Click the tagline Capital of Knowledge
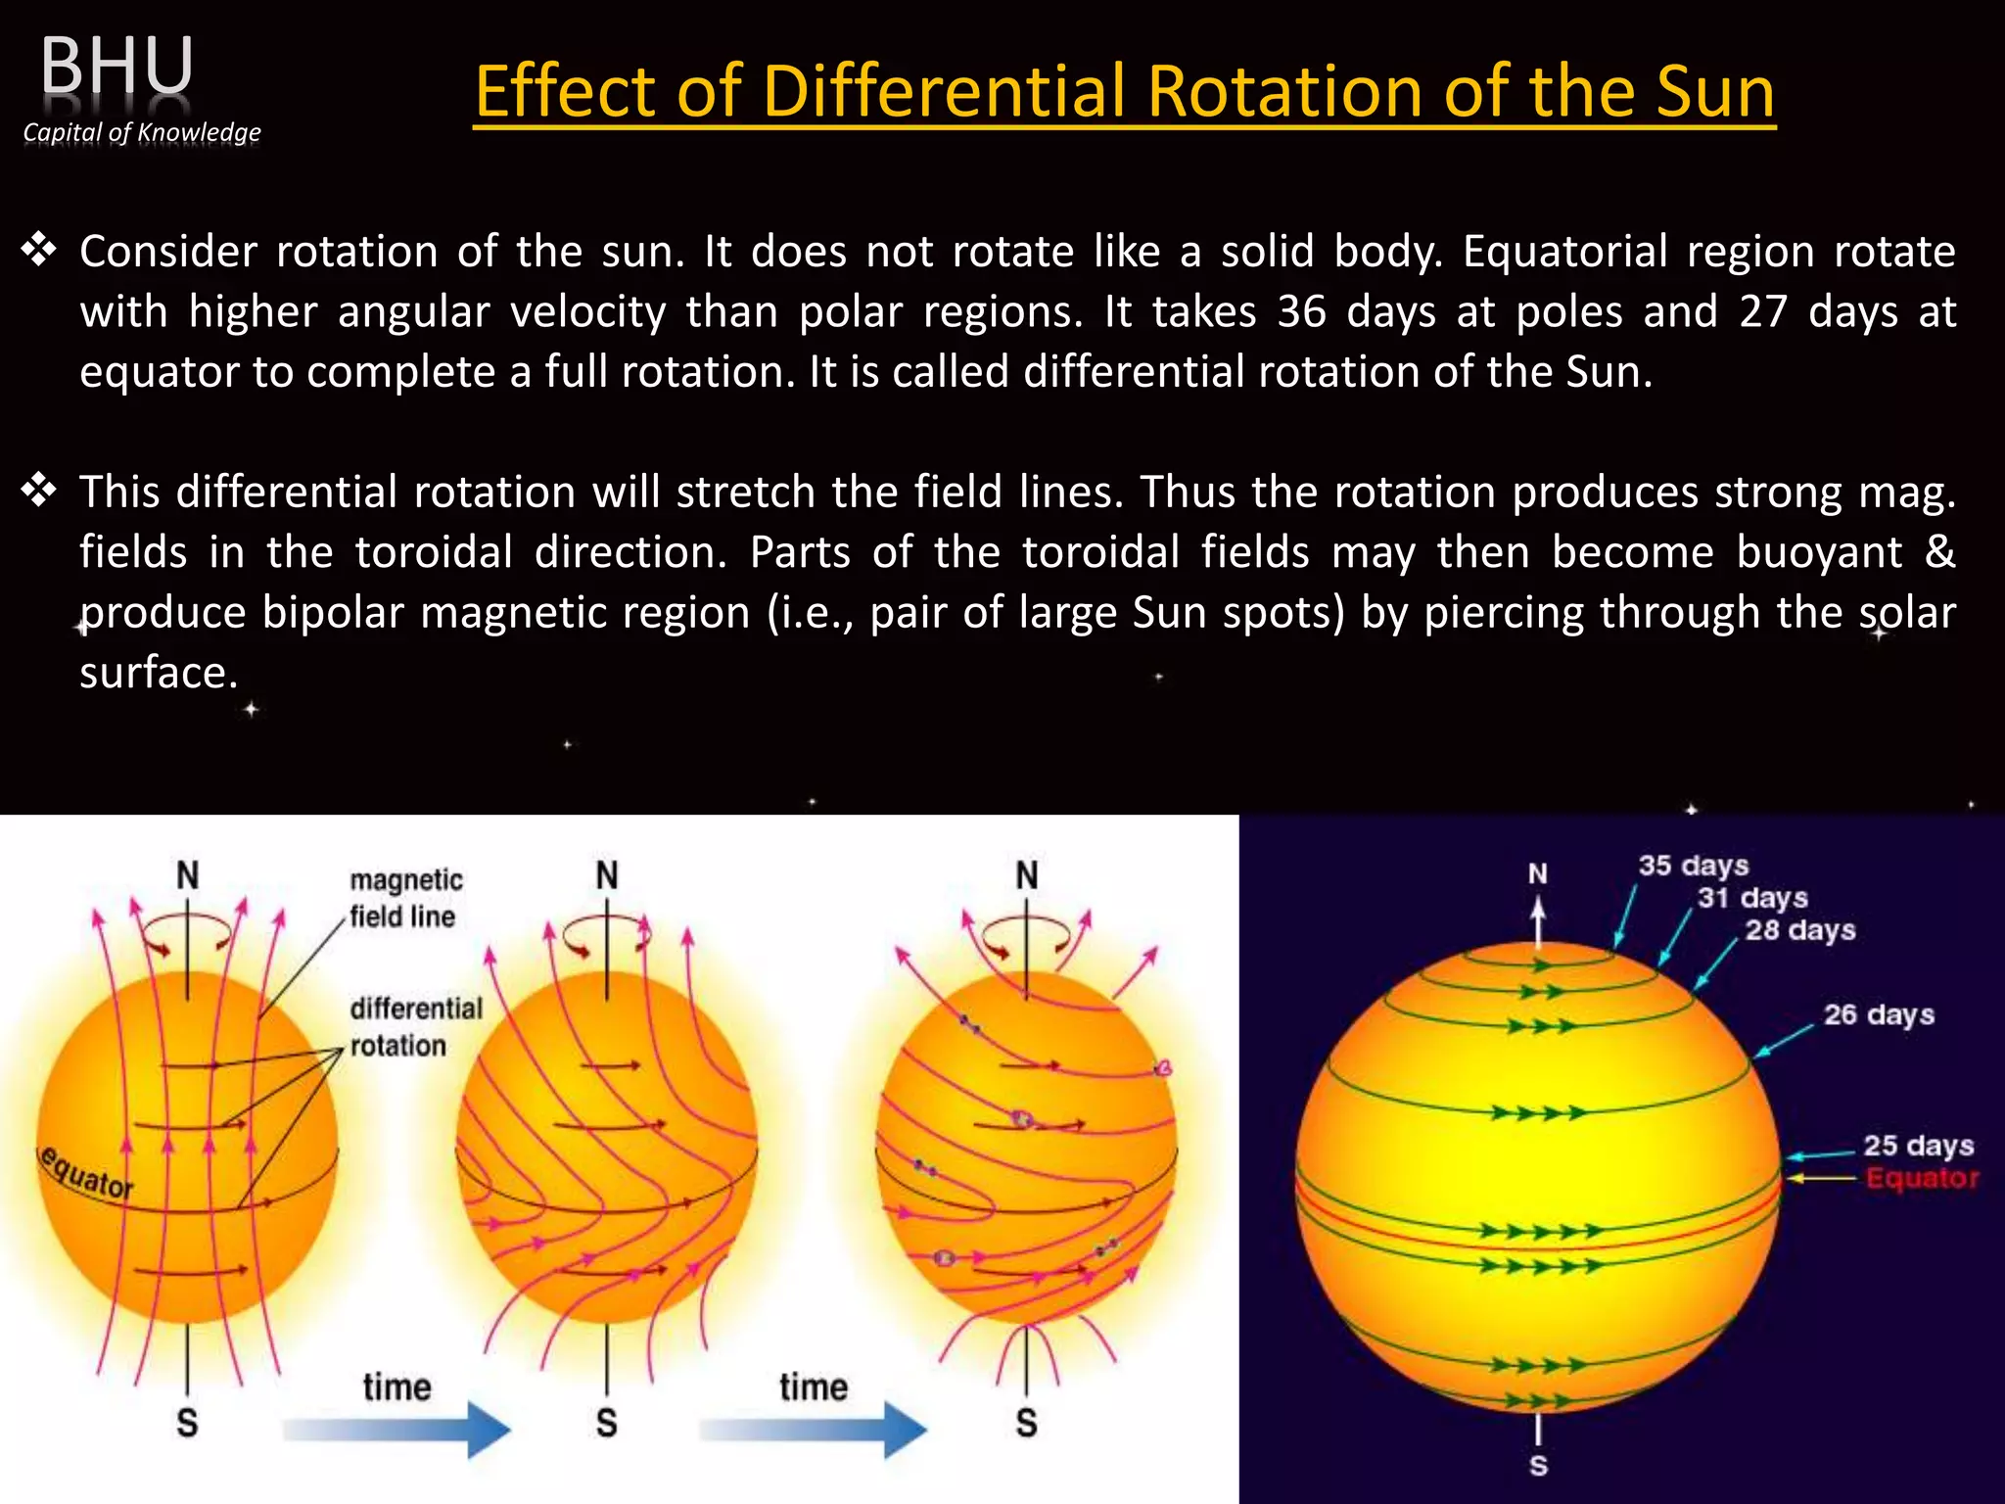pos(142,132)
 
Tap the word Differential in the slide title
pos(944,91)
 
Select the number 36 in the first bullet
pos(1301,311)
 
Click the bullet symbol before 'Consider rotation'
pos(39,251)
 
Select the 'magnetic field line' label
pos(405,897)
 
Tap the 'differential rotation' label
pos(415,1026)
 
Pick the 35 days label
pos(1693,866)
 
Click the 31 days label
pos(1751,898)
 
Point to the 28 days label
pos(1799,930)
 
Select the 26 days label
pos(1878,1014)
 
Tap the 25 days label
pos(1917,1145)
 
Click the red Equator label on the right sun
pos(1922,1178)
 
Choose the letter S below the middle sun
pos(607,1423)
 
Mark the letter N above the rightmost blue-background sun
pos(1538,873)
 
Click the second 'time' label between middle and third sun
pos(813,1386)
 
